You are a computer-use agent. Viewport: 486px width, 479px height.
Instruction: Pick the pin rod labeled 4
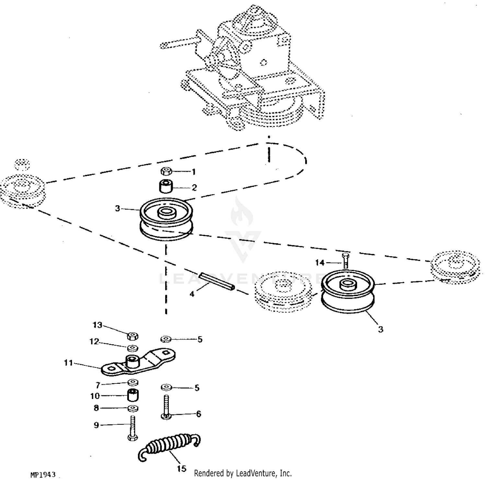216,281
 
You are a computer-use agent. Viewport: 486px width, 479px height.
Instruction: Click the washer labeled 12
132,348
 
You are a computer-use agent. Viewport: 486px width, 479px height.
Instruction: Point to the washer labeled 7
132,382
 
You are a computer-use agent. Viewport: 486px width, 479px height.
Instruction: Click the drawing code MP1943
43,474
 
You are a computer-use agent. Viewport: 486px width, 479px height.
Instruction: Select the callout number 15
182,469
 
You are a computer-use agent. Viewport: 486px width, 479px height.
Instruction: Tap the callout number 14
320,263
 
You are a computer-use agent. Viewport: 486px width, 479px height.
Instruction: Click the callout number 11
68,363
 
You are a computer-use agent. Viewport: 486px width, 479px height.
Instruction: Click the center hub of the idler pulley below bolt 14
348,285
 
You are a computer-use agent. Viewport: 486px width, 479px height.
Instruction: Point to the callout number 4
192,294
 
